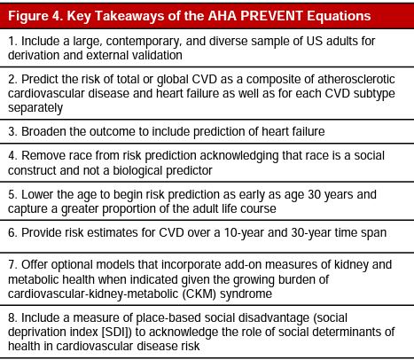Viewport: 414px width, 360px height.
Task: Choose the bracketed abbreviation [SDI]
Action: (x=143, y=330)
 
